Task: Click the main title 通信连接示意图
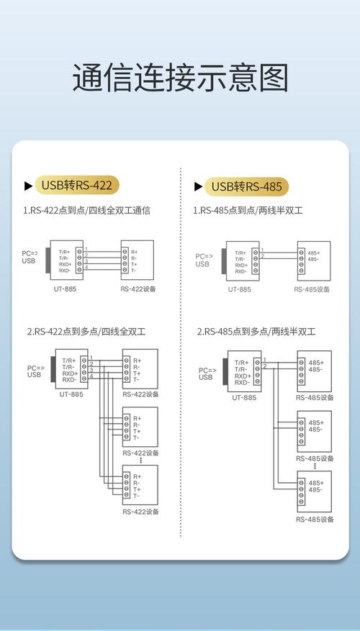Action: click(x=180, y=78)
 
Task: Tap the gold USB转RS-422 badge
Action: click(x=76, y=186)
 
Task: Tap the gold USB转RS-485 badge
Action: click(x=246, y=186)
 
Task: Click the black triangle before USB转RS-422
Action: click(x=28, y=186)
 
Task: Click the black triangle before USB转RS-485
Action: click(x=198, y=186)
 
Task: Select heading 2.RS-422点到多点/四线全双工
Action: click(x=86, y=332)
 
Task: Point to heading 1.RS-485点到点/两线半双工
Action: click(x=248, y=212)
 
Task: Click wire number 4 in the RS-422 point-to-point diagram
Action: click(x=86, y=267)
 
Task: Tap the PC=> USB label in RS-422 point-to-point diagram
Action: click(x=29, y=257)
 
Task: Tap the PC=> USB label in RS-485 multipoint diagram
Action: click(x=206, y=373)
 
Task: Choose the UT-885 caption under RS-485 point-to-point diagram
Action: click(x=239, y=289)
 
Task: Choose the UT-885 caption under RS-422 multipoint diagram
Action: click(x=69, y=395)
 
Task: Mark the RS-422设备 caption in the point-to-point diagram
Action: click(x=139, y=289)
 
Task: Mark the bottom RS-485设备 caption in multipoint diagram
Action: click(x=315, y=519)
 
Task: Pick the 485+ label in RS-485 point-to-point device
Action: click(x=314, y=253)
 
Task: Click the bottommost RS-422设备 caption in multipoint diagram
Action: click(x=140, y=512)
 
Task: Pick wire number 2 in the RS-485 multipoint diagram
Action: click(x=265, y=366)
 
